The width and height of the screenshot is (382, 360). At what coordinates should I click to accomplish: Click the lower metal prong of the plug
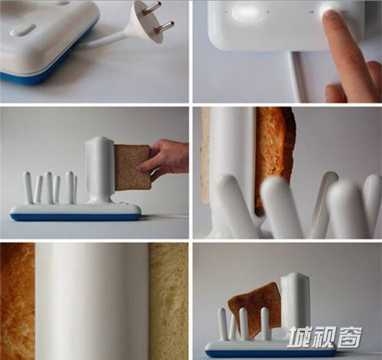[x=164, y=27]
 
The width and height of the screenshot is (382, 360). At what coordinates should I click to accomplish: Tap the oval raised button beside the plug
[x=22, y=30]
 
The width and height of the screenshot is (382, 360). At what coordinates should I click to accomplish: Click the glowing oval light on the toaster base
[x=245, y=12]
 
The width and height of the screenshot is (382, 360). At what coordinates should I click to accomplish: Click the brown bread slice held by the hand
[x=132, y=167]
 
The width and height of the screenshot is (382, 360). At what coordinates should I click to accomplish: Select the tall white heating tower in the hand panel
[x=100, y=170]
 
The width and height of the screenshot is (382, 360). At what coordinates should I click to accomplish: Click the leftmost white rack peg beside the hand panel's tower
[x=28, y=187]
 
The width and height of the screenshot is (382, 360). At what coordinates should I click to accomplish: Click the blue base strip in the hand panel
[x=76, y=217]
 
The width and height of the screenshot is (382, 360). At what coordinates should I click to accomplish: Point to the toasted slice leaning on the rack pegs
[x=254, y=309]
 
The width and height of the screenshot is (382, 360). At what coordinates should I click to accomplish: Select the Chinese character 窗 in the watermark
[x=349, y=337]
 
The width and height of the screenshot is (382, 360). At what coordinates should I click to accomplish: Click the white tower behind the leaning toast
[x=295, y=300]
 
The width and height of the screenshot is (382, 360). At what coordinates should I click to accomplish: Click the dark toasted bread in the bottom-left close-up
[x=17, y=300]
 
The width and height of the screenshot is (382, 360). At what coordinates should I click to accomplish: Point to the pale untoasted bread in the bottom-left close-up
[x=169, y=300]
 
